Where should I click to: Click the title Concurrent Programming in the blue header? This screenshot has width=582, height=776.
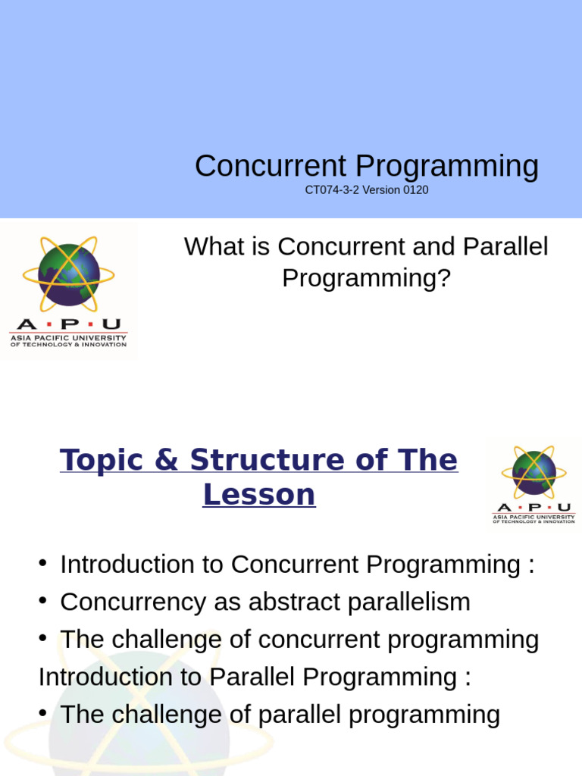click(x=366, y=166)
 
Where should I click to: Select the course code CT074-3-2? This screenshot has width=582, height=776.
click(x=332, y=189)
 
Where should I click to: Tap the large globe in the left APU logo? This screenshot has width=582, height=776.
click(x=68, y=271)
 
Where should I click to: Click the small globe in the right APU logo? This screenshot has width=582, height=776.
click(x=533, y=471)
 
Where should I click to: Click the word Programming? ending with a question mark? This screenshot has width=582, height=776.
click(x=366, y=278)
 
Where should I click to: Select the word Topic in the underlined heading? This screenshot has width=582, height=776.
click(x=107, y=460)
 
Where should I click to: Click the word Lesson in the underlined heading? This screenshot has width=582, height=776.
click(x=258, y=494)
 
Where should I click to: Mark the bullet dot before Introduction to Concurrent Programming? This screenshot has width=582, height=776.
click(x=44, y=563)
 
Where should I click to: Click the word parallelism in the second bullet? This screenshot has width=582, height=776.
click(x=410, y=602)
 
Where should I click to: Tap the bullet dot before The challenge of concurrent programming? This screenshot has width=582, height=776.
click(x=44, y=638)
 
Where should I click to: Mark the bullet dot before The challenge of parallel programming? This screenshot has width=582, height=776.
click(x=44, y=713)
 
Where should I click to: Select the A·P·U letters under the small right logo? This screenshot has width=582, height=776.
click(x=533, y=507)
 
